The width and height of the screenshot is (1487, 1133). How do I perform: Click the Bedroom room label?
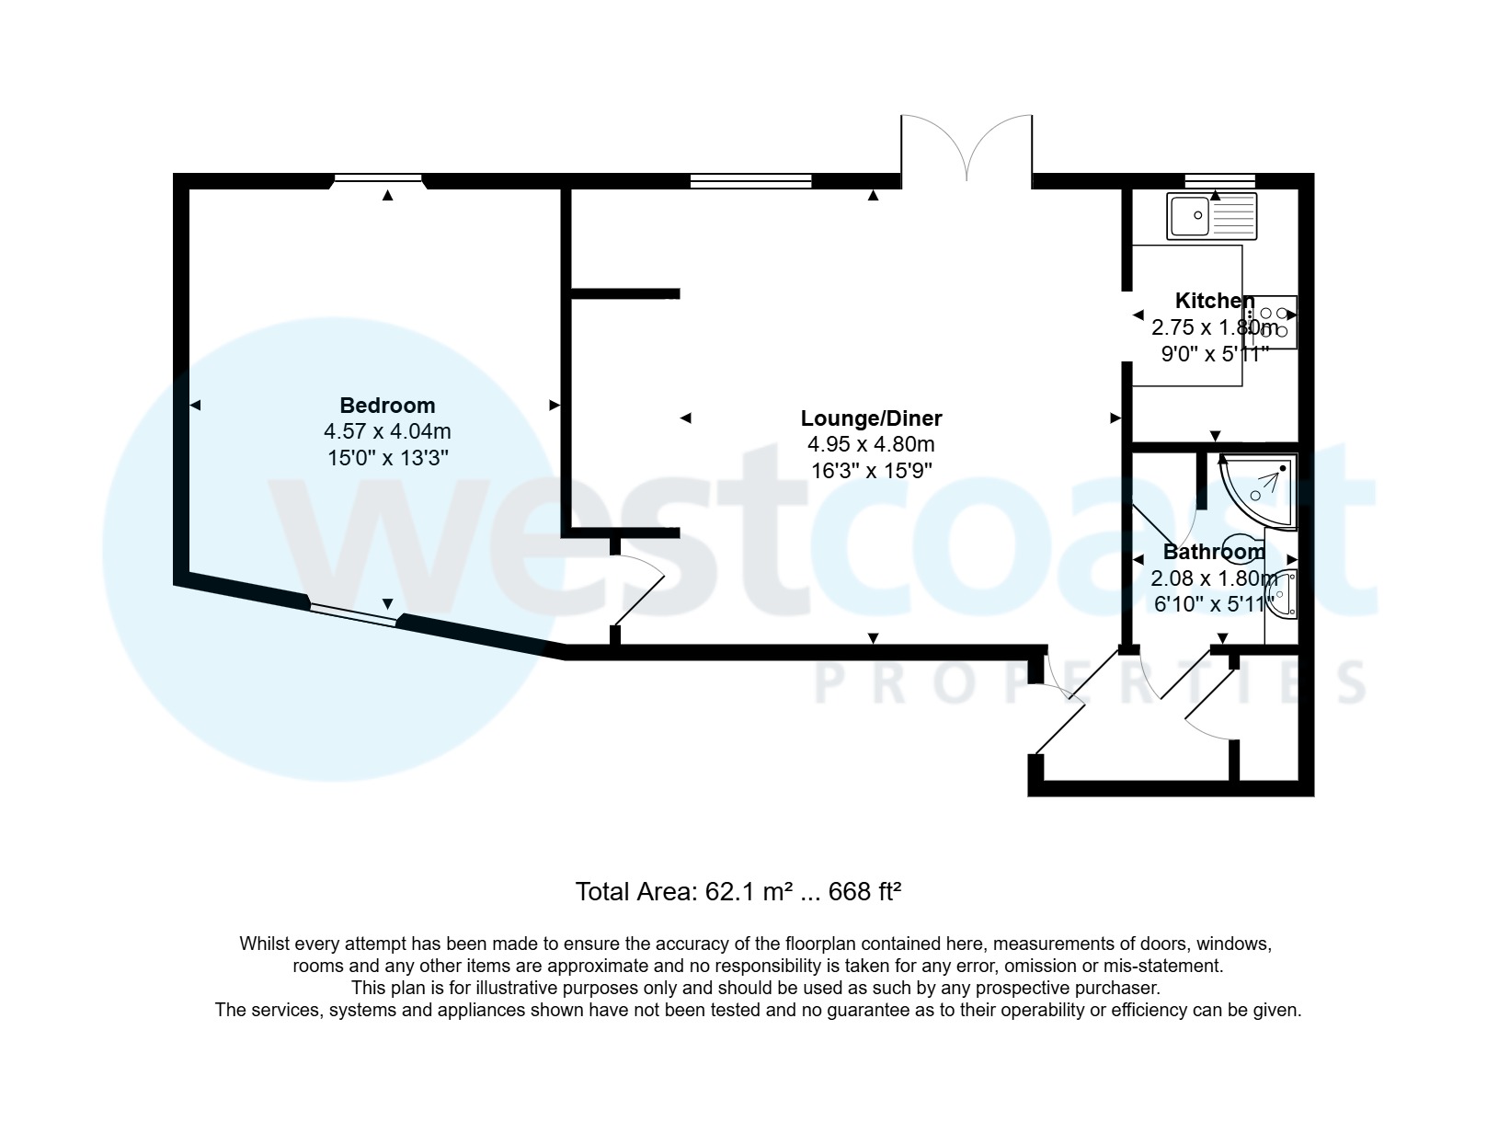point(387,406)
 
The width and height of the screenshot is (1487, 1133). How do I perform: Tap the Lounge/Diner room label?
point(871,418)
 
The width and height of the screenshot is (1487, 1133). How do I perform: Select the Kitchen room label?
point(1214,301)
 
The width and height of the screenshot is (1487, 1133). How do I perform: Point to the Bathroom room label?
point(1214,552)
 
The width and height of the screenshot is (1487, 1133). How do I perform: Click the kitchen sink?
point(1211,215)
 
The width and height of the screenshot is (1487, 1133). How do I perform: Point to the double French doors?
point(967,147)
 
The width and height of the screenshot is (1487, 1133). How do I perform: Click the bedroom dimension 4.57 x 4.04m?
point(387,431)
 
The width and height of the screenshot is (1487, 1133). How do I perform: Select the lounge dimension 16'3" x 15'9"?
point(871,471)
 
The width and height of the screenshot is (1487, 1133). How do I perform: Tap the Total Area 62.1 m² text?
point(683,892)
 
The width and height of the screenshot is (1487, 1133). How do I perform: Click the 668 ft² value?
point(864,892)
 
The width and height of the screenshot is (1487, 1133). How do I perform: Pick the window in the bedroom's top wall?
point(378,179)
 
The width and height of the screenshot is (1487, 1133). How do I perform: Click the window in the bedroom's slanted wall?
point(354,613)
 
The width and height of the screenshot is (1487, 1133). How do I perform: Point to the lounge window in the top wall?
point(750,180)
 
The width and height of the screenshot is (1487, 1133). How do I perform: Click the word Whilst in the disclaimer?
point(265,944)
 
